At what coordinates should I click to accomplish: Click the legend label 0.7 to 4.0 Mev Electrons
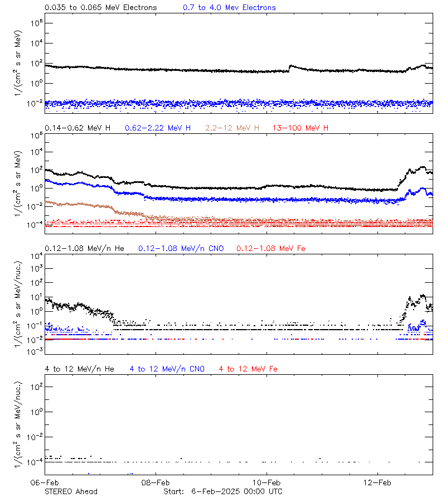pos(229,8)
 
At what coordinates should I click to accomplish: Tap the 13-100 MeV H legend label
pos(300,128)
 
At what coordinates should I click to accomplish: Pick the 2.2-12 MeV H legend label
pos(232,128)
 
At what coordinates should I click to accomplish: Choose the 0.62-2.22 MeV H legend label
pos(158,128)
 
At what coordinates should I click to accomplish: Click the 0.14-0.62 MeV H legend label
pos(77,128)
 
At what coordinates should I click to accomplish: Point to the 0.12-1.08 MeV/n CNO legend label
pos(181,248)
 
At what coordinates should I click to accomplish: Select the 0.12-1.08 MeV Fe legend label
pos(271,248)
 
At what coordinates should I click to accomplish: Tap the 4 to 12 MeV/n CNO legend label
pos(167,369)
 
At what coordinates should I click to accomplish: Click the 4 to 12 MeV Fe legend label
pos(248,369)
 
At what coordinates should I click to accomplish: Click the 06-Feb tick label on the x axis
pos(45,482)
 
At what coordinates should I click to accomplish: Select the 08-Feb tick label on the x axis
pos(156,482)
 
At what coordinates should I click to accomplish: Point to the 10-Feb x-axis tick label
pos(266,482)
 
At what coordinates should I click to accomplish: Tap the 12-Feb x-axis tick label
pos(377,482)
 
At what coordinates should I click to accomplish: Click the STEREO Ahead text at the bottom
pos(71,491)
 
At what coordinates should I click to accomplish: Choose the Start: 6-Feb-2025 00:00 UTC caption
pos(222,491)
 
